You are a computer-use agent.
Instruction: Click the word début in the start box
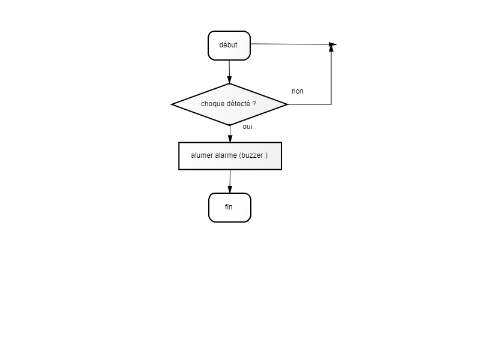tap(228, 44)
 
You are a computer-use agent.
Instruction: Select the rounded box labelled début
tap(229, 46)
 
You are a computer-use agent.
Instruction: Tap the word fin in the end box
tap(229, 207)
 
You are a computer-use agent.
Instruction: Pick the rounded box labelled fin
tap(230, 208)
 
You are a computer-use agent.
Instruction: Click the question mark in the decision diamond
tap(254, 104)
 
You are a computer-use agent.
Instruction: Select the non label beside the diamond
tap(298, 91)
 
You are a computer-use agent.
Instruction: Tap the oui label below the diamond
tap(247, 127)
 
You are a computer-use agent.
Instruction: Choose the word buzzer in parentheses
tap(252, 155)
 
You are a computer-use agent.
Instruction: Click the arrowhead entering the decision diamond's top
tap(229, 79)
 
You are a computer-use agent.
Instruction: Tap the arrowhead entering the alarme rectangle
tap(230, 139)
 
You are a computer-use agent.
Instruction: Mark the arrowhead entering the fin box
tap(230, 189)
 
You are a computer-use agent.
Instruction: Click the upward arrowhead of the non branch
tap(331, 48)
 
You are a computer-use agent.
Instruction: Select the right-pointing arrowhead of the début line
tap(333, 44)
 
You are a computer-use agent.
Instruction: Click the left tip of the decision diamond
tap(171, 104)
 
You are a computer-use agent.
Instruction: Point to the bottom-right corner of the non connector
tap(331, 104)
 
